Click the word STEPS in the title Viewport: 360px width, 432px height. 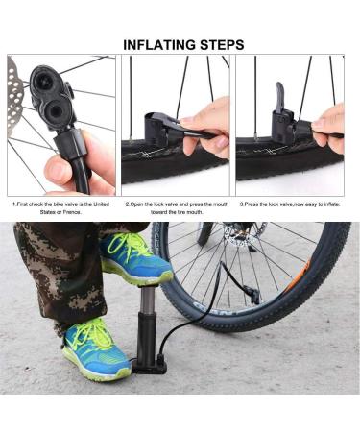tap(216, 44)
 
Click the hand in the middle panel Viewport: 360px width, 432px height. tap(209, 120)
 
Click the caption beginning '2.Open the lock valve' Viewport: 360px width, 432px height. tap(179, 207)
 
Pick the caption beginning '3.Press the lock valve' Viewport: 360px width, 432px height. tap(291, 204)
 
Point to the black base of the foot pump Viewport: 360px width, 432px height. tap(151, 368)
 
